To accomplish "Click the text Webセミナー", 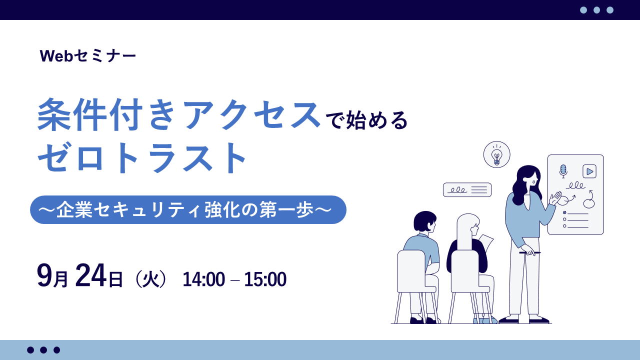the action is coord(88,55).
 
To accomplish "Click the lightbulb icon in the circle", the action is coord(496,154).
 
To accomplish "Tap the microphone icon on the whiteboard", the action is coord(563,171).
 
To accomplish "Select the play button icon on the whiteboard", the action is coord(589,171).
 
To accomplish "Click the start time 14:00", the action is coord(203,279).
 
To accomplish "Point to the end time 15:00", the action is coord(265,279).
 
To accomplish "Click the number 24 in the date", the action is coord(90,275).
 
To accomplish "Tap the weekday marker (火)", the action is coord(150,278).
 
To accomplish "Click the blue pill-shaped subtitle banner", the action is coord(188,209).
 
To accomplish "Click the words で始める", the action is coord(366,120).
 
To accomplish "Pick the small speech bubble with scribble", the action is coord(467,190).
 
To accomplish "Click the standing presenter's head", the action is coord(527,179).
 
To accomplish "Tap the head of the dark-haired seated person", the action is coord(425,221).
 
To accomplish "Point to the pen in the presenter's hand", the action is coord(529,252).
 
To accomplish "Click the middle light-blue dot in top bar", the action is coord(596,10).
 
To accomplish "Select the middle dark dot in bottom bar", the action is coord(43,350).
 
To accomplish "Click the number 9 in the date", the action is coord(44,275).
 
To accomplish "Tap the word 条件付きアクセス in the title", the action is coord(179,115).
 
